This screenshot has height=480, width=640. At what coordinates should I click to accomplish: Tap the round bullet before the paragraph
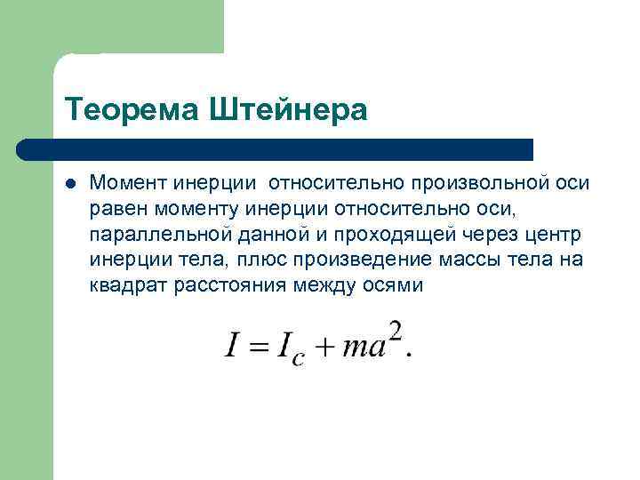click(x=70, y=183)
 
